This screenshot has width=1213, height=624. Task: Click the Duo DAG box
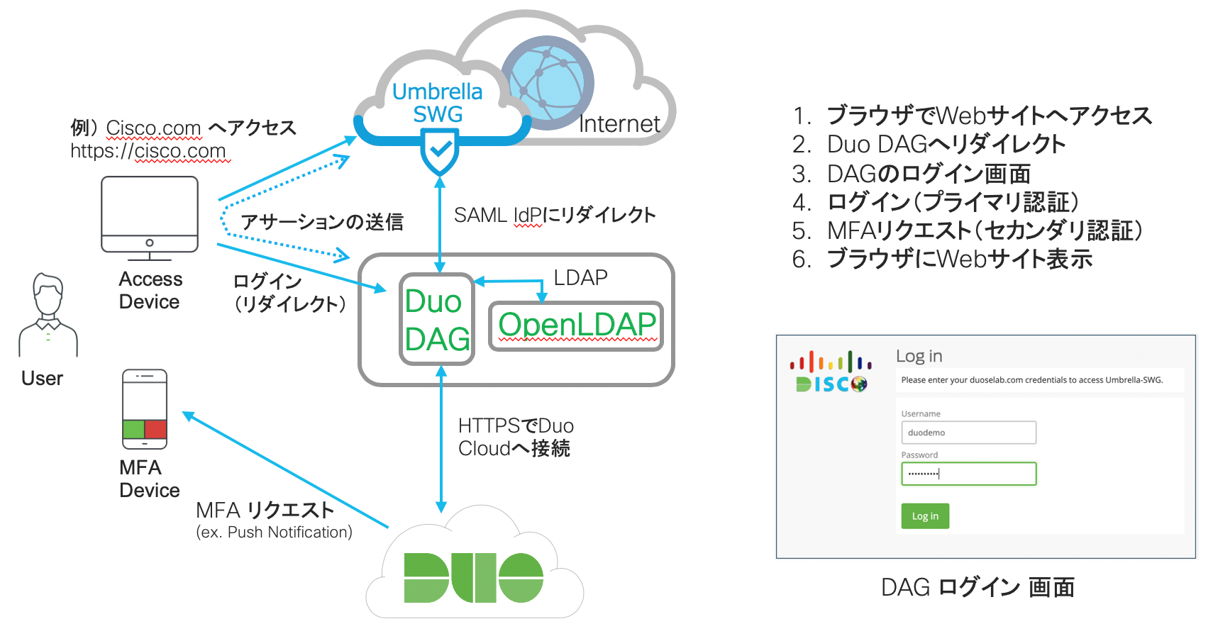(436, 320)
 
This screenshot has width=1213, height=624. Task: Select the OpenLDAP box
(576, 325)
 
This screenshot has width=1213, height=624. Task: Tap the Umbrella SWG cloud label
(438, 103)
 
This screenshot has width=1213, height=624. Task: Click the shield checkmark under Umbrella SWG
(440, 151)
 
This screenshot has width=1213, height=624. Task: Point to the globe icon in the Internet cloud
(547, 82)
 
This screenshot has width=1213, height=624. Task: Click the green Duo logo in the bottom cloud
(473, 577)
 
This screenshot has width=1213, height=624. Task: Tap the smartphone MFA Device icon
(145, 409)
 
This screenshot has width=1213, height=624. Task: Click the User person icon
(48, 316)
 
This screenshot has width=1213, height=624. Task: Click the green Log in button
(925, 516)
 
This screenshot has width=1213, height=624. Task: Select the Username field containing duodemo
(968, 433)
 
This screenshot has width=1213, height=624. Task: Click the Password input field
(968, 474)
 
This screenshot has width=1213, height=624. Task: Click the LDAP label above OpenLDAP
(580, 278)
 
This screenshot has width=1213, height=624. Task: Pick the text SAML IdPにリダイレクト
(555, 216)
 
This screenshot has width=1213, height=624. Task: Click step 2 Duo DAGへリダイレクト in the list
(946, 144)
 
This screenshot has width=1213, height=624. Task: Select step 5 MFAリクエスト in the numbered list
(984, 230)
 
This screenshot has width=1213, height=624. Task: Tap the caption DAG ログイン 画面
(977, 587)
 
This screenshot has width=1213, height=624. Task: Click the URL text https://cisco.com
(148, 151)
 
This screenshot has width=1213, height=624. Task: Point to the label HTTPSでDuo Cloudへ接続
(516, 437)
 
